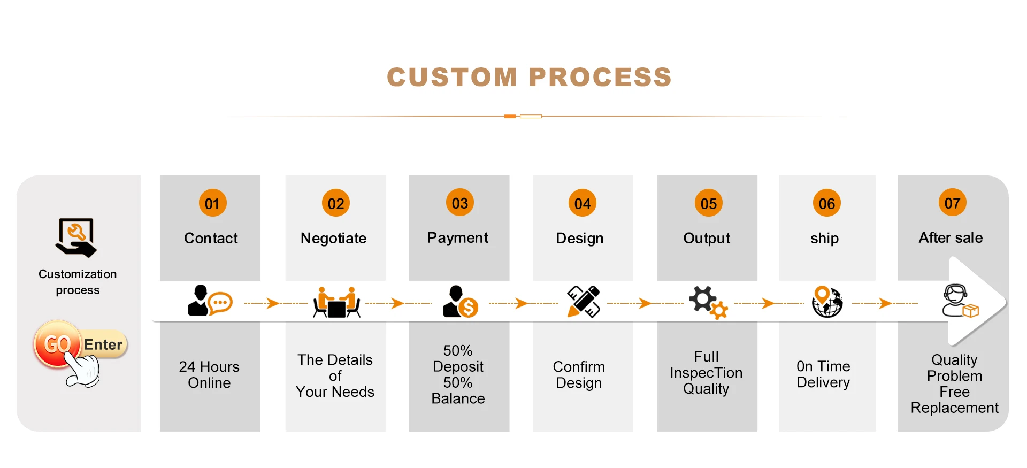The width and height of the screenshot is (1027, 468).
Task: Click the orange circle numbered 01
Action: coord(212,203)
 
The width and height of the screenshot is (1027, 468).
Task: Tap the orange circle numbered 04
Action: coord(582,203)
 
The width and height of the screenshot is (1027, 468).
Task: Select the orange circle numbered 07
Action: coord(952,203)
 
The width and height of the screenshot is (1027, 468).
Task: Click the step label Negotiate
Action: coord(333,238)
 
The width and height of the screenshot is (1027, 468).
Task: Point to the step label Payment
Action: coord(458,237)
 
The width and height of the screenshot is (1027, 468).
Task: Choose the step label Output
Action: coord(707,238)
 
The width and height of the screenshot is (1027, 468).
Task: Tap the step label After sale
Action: coord(951,237)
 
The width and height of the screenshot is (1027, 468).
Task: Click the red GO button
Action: coord(57,344)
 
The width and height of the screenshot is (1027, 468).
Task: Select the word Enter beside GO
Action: coord(103,344)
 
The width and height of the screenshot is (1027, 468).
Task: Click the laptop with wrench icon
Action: coord(76,237)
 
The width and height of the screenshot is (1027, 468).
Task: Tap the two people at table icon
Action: coord(336,303)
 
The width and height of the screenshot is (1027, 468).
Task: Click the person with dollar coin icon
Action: coord(460,302)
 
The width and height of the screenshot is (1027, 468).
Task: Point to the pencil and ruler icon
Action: coord(583,302)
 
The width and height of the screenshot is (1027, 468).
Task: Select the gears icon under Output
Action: coord(708,302)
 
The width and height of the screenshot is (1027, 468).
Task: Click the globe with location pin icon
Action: coord(827,302)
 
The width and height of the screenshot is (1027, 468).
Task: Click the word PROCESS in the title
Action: coord(600,77)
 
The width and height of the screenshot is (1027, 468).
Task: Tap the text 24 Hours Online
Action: coord(209,374)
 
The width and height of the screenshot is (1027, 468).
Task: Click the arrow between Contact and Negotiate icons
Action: coord(273,303)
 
